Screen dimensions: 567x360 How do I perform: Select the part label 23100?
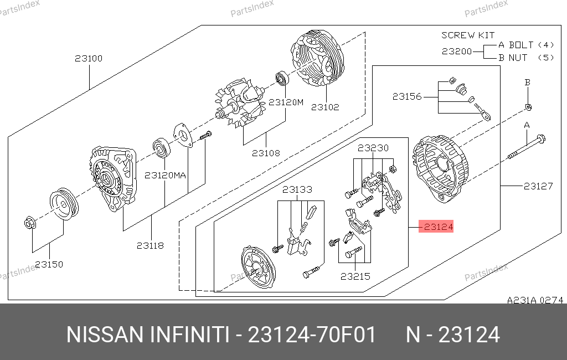(89, 58)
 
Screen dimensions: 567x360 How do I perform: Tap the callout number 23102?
(325, 107)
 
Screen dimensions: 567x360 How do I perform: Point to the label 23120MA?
(165, 176)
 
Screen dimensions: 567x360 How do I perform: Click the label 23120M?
(286, 102)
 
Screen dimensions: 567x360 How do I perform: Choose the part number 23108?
(266, 153)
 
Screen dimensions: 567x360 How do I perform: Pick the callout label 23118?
(150, 246)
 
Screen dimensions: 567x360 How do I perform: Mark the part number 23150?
(49, 265)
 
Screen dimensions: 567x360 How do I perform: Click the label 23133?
(297, 189)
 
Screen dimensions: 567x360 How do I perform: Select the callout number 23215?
(355, 276)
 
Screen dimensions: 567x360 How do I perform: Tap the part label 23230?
(373, 148)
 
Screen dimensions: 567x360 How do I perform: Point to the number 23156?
(407, 96)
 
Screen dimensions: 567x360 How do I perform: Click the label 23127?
(538, 186)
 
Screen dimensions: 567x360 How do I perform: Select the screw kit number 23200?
(457, 52)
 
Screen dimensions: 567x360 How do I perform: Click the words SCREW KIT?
(468, 35)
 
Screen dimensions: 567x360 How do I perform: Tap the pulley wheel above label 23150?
(64, 204)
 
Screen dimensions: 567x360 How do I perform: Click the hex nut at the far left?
(30, 223)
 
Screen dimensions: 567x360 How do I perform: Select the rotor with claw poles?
(239, 103)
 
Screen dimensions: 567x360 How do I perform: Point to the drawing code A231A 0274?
(535, 300)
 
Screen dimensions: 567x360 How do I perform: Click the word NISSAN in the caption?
(105, 335)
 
